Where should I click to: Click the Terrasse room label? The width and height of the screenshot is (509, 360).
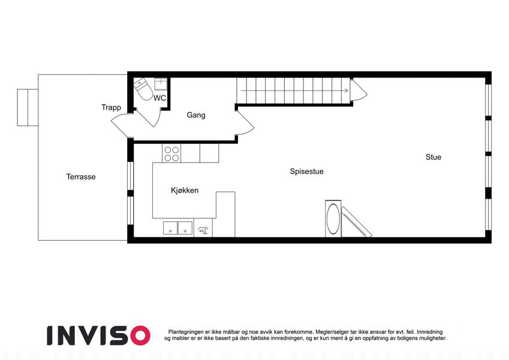tap(81, 177)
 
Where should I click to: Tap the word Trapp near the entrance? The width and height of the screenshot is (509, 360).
tap(111, 107)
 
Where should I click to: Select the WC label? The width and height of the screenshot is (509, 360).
tap(159, 98)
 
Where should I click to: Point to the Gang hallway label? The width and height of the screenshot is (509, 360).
tap(195, 115)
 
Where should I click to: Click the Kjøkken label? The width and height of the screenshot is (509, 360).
tap(185, 190)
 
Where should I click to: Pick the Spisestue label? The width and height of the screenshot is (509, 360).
tap(306, 171)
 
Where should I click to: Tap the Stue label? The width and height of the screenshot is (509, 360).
tap(433, 157)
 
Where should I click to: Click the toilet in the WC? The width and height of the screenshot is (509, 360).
tap(143, 89)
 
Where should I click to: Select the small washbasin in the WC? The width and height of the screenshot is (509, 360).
tap(160, 84)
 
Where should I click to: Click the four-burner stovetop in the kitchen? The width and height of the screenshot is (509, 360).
tap(171, 154)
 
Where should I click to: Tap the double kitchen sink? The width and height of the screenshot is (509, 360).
tap(177, 228)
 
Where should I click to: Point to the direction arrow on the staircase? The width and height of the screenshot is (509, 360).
tap(294, 91)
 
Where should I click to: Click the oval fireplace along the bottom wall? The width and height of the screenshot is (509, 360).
tap(333, 218)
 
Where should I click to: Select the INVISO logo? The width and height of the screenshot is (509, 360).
tap(98, 335)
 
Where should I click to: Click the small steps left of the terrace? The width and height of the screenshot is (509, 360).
tap(28, 107)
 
